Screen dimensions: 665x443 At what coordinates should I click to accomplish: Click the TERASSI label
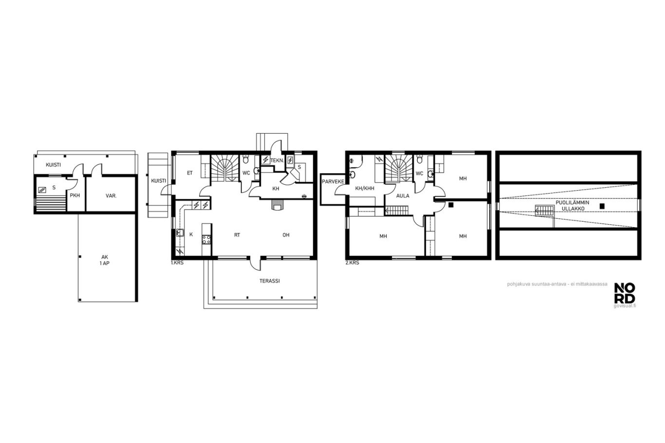tap(270, 281)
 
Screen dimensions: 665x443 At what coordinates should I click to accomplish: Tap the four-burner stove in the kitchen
tap(206, 239)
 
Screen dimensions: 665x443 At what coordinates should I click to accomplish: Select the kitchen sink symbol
tap(180, 233)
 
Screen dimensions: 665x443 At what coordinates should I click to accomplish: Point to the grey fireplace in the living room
tap(278, 205)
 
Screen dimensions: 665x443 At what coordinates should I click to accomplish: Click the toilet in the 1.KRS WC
tap(245, 159)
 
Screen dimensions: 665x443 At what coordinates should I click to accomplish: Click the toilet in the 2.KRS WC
tap(420, 159)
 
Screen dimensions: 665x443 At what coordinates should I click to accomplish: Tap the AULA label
tap(403, 196)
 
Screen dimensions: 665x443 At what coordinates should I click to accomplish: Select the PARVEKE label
tap(333, 181)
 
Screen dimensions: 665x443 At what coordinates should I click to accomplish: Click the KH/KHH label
tap(365, 188)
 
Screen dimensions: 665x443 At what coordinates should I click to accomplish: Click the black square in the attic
tap(602, 206)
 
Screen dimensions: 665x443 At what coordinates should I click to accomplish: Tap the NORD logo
tap(625, 293)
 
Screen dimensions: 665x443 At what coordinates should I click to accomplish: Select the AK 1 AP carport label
tap(105, 260)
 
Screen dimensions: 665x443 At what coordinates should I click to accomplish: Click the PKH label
tap(75, 195)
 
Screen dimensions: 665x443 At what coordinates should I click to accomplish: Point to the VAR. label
tap(111, 195)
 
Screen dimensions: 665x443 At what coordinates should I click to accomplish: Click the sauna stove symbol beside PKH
tap(42, 190)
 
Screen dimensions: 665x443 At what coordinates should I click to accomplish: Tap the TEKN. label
tap(277, 160)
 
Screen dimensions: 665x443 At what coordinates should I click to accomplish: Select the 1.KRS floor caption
tap(177, 263)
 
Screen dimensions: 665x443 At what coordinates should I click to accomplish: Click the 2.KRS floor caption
tap(352, 263)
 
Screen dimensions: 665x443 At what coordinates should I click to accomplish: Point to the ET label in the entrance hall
tap(190, 173)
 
